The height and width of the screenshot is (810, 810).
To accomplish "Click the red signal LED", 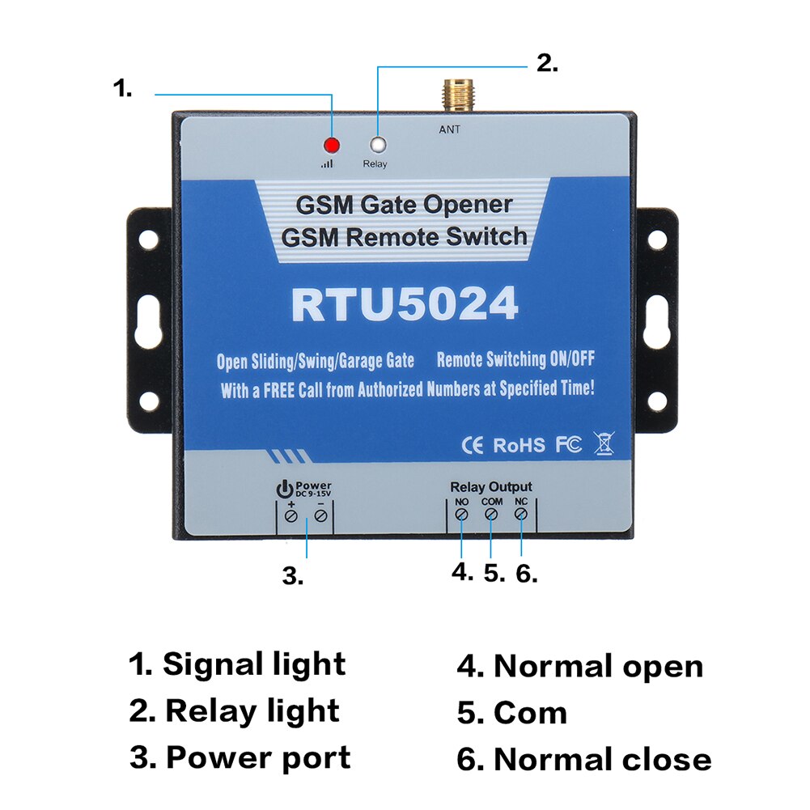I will click(x=331, y=146).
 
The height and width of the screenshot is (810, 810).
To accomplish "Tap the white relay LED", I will click(x=378, y=146).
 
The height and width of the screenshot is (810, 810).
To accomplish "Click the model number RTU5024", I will click(x=405, y=305).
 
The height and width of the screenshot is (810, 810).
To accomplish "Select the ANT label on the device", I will click(x=449, y=129).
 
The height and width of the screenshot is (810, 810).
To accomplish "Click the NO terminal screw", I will click(x=461, y=515).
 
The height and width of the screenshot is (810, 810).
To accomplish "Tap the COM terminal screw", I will click(x=491, y=515).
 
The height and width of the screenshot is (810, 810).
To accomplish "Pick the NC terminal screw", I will click(x=521, y=515).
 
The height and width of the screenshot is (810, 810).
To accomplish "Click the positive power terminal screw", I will click(x=291, y=515).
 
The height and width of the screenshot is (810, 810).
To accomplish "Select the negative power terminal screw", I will click(x=321, y=515).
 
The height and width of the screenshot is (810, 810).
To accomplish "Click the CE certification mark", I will click(x=472, y=444).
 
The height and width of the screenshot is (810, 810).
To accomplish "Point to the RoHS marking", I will click(x=520, y=445).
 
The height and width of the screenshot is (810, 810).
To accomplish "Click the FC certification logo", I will click(x=568, y=444).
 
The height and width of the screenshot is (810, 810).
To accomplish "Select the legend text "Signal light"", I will click(x=253, y=664).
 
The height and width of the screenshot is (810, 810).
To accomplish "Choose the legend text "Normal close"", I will click(x=602, y=760).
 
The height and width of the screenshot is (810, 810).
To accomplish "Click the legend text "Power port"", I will click(x=258, y=757).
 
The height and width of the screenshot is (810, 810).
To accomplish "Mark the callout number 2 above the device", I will click(x=547, y=63).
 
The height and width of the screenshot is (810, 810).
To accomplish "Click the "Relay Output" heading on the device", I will click(x=491, y=486).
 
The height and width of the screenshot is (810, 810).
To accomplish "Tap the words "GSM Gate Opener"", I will click(x=404, y=205).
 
